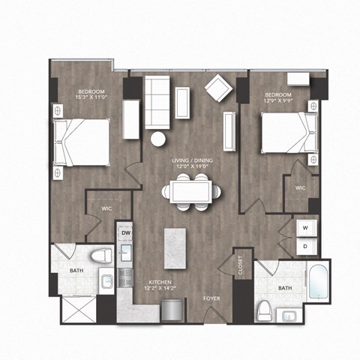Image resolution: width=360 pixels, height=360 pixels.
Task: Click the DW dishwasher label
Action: point(126,233)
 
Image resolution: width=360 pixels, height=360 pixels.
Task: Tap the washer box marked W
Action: point(305,226)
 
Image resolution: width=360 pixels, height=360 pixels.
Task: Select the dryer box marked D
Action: point(305,244)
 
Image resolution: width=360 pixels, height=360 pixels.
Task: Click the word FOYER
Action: point(211,298)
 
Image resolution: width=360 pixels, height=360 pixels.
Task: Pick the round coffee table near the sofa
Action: point(159,139)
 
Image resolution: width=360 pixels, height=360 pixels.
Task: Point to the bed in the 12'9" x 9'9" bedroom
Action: point(285,130)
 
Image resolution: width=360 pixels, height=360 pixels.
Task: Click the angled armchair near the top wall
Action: point(219,88)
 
